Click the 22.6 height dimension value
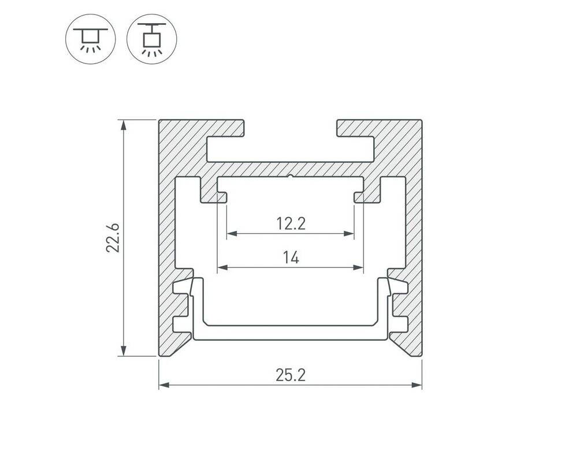pos(113,238)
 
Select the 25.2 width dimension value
pos(291,375)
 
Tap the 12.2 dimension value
pos(291,223)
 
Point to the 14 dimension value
pos(291,258)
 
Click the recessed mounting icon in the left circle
pos(91,39)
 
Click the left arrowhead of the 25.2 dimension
pos(164,385)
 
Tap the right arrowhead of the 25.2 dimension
pos(417,385)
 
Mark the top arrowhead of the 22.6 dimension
pos(124,125)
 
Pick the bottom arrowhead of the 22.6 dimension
pos(124,351)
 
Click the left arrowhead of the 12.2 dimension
pos(232,234)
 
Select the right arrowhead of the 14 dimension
pos(358,267)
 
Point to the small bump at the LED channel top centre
pos(291,177)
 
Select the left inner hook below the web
pos(213,195)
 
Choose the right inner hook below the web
pos(367,195)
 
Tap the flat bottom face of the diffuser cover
pos(291,340)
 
